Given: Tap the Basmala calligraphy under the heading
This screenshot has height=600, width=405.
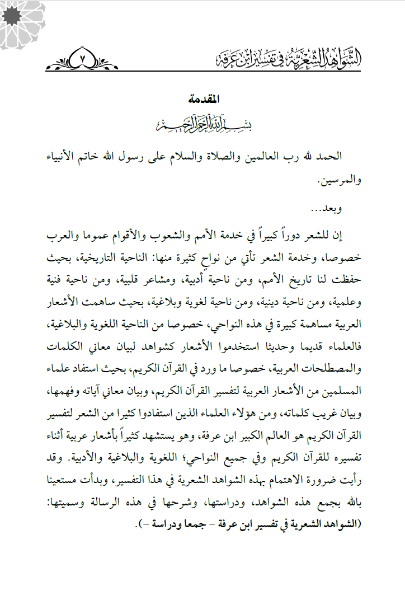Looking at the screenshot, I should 203,123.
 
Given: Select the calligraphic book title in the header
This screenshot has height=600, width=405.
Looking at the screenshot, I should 296,58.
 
